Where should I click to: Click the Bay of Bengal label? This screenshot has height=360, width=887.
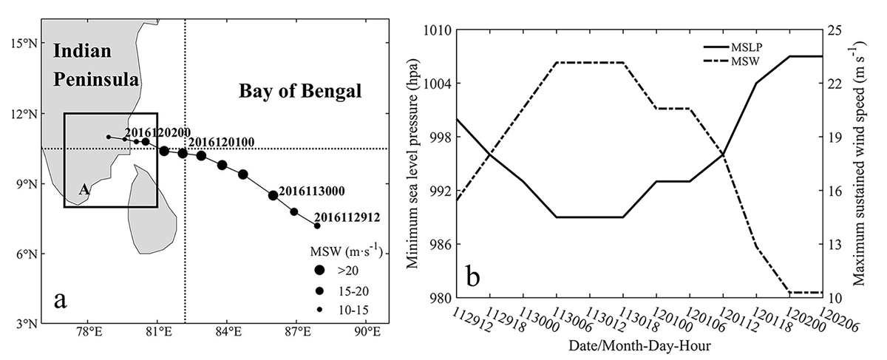pyautogui.click(x=300, y=92)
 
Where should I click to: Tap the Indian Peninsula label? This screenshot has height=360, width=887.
pyautogui.click(x=96, y=65)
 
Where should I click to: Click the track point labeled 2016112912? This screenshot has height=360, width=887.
pyautogui.click(x=317, y=225)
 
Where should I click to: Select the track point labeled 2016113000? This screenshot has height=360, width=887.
pyautogui.click(x=273, y=195)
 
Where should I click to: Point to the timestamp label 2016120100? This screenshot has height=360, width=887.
pyautogui.click(x=221, y=142)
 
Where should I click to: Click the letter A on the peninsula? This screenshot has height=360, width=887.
pyautogui.click(x=84, y=190)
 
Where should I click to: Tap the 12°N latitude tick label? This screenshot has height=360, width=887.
pyautogui.click(x=24, y=114)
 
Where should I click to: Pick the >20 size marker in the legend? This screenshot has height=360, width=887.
pyautogui.click(x=319, y=270)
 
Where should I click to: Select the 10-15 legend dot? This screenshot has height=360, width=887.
pyautogui.click(x=319, y=311)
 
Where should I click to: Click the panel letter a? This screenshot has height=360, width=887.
pyautogui.click(x=60, y=300)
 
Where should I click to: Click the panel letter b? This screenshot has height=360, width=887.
pyautogui.click(x=473, y=276)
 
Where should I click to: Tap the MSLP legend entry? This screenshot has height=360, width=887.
pyautogui.click(x=733, y=47)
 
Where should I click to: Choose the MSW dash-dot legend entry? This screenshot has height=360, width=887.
pyautogui.click(x=732, y=61)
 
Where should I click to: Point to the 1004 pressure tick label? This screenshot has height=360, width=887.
pyautogui.click(x=435, y=84)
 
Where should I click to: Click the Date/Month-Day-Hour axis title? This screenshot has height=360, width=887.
pyautogui.click(x=639, y=346)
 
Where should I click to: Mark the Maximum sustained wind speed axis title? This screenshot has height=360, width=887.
pyautogui.click(x=858, y=164)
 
